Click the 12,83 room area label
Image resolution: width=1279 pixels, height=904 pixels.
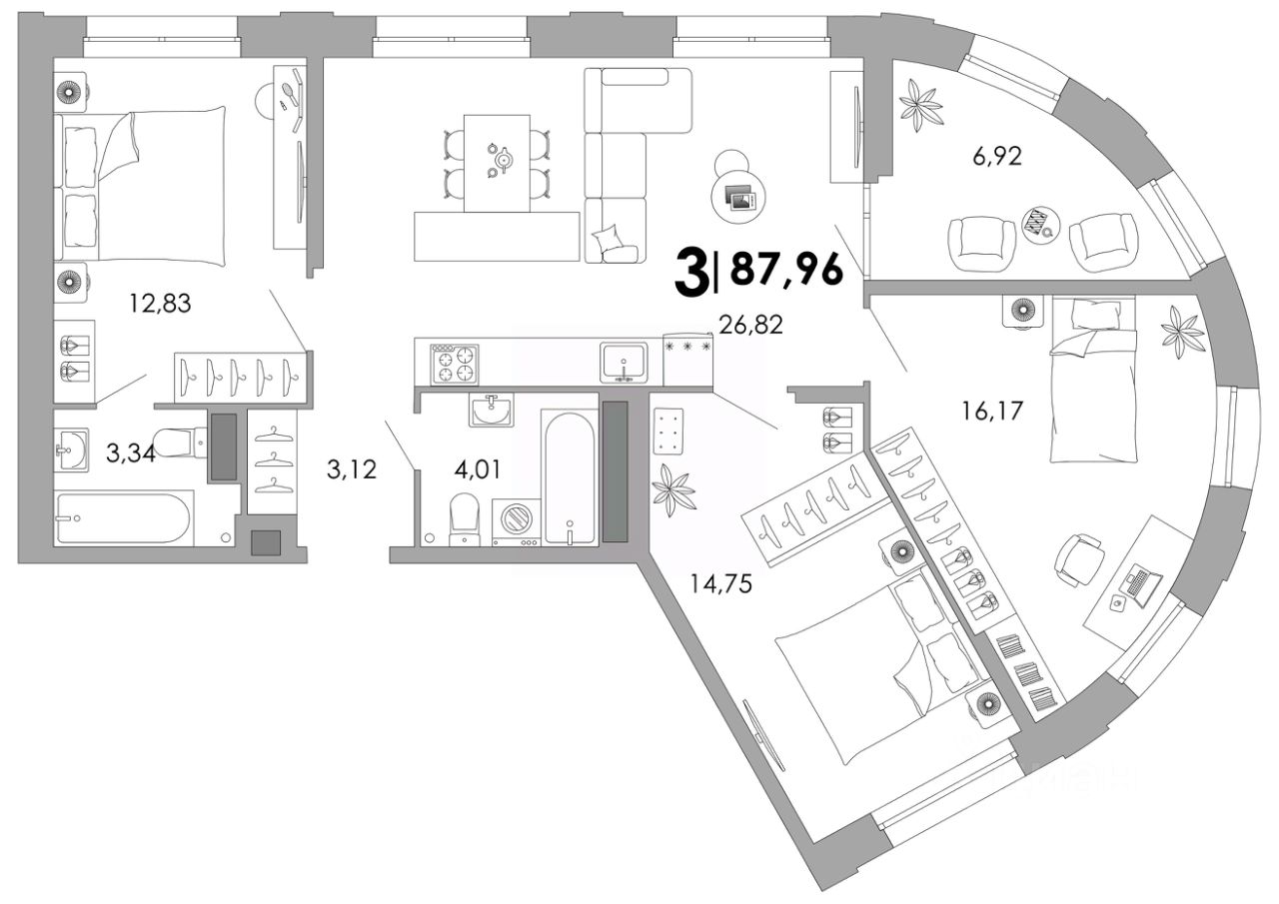[160, 304]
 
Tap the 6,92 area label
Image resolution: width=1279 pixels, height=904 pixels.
[997, 156]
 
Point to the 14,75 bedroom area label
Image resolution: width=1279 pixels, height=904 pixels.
[720, 582]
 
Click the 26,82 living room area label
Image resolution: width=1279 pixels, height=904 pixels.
[750, 323]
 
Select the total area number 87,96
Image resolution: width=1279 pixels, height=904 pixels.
[787, 269]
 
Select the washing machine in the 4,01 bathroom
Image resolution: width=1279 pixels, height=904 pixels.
[517, 520]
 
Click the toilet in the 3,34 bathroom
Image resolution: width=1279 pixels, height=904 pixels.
[180, 441]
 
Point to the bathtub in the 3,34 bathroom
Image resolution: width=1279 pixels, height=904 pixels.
[124, 517]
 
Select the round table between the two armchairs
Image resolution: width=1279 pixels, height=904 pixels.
[1042, 222]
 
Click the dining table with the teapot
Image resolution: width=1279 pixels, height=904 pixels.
[497, 160]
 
